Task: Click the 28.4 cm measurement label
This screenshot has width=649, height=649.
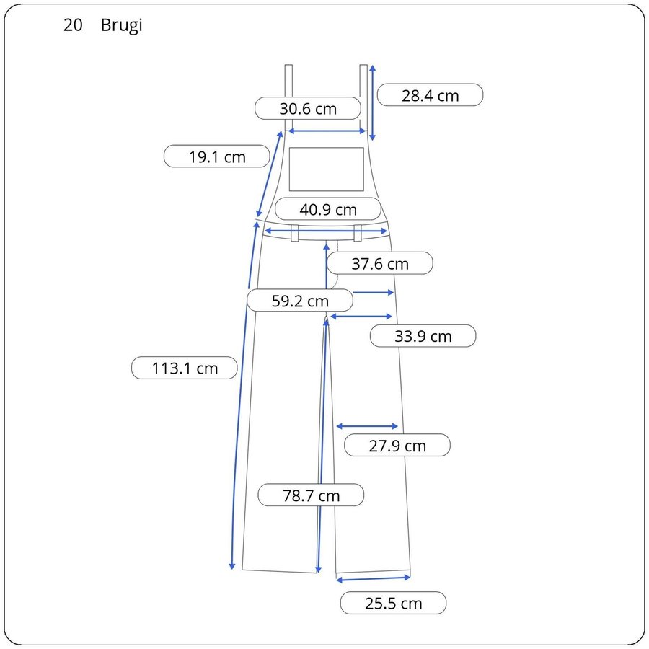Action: (430, 95)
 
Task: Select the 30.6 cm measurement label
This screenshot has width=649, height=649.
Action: (307, 108)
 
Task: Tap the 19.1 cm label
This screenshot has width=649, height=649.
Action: (217, 156)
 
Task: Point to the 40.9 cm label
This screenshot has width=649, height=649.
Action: (328, 209)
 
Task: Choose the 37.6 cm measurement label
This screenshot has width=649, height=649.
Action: (380, 263)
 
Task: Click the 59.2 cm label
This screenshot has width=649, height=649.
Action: (300, 301)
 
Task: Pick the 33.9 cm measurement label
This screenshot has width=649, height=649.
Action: (423, 335)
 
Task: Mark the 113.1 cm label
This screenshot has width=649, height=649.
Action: (185, 368)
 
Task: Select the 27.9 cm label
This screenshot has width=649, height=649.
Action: (397, 446)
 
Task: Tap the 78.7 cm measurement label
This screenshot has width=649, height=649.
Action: (311, 495)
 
